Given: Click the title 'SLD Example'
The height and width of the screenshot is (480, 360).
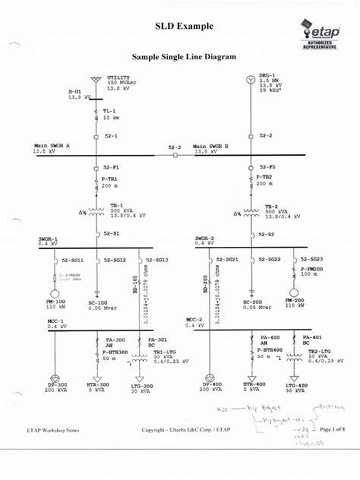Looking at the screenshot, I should click(179, 27).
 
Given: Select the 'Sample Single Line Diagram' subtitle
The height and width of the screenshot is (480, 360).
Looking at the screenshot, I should click(184, 57).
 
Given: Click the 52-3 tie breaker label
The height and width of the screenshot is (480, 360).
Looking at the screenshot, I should click(175, 147).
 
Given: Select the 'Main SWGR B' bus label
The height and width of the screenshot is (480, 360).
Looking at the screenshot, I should click(210, 147).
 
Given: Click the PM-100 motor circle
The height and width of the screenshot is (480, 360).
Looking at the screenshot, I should click(55, 294).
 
